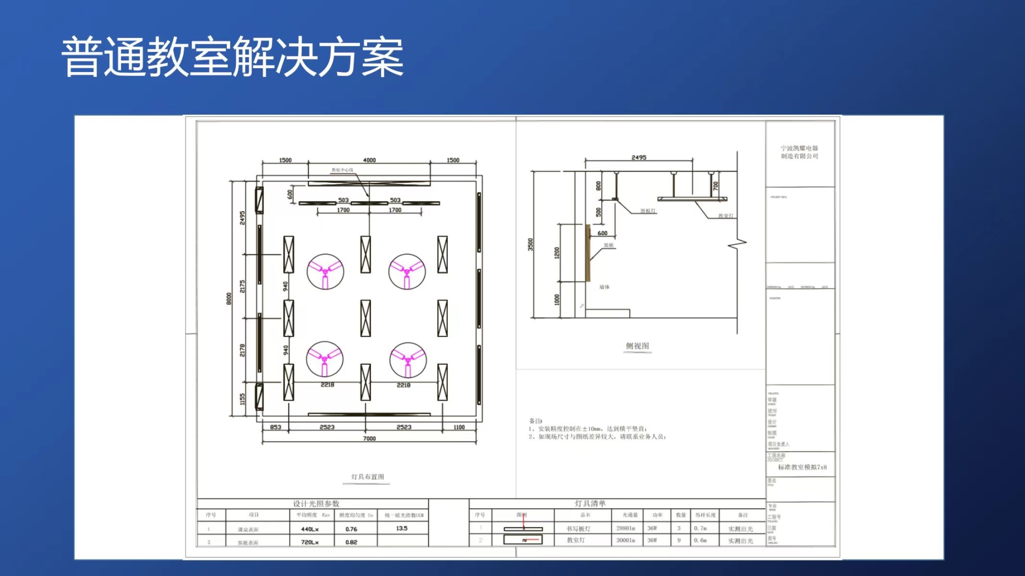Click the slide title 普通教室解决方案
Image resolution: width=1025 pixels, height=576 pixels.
pos(233,57)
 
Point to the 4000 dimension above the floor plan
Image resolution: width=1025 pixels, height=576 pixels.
pos(369,160)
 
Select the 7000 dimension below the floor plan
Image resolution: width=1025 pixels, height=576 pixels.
pos(369,438)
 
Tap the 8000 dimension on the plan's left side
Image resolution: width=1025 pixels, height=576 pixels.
pos(229,299)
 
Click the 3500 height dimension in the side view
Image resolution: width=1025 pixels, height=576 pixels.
pos(530,244)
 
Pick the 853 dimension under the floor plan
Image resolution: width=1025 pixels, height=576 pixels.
pos(275,427)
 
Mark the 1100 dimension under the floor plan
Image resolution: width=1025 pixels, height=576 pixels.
pos(459,427)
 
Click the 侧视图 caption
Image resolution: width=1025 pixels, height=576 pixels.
pos(637,346)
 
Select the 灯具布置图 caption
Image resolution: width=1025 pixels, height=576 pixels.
pos(367,477)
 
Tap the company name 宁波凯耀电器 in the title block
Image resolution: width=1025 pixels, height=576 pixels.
pos(799,148)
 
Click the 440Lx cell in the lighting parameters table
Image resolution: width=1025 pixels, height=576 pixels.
pos(310,529)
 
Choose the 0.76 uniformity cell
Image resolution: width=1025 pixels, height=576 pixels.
pos(351,529)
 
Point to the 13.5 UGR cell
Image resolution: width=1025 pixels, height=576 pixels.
pos(401,529)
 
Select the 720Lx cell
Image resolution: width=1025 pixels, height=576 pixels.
pos(310,542)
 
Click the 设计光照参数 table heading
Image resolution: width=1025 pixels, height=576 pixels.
pos(316,503)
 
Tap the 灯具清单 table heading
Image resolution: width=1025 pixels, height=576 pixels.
pos(590,503)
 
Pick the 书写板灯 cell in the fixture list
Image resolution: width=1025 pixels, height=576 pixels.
pos(578,529)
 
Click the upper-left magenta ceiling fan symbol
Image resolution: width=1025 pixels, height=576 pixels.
pos(325,271)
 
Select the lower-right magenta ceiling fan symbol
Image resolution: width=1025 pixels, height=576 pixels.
pos(408,360)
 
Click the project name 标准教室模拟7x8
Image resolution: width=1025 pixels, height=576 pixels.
pos(802,467)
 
